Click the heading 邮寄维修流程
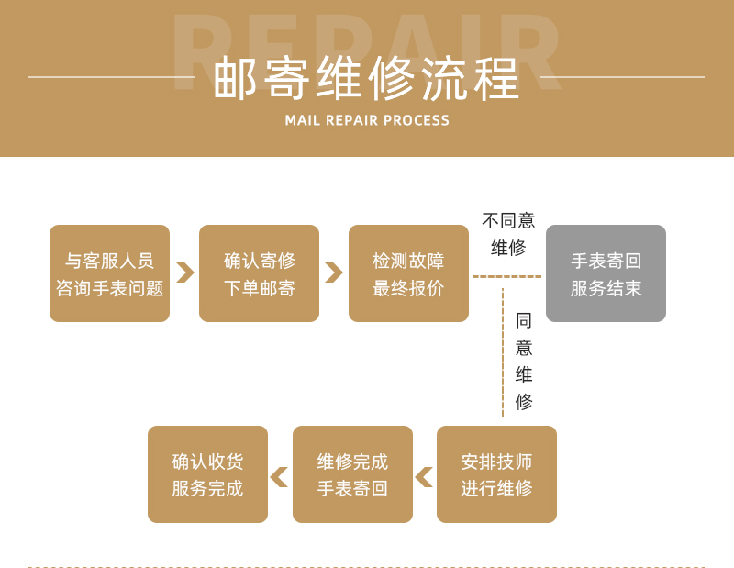(x=367, y=79)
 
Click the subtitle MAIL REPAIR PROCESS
(x=367, y=120)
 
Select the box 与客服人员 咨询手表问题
(x=109, y=273)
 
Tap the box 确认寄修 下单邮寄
(x=259, y=273)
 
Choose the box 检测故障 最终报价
(x=408, y=273)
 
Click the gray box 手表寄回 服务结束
(x=606, y=273)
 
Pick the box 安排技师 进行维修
(x=496, y=474)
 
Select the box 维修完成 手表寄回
(x=352, y=474)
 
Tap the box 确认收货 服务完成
(x=207, y=474)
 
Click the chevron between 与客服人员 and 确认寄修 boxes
(x=184, y=273)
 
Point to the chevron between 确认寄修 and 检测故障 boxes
(x=334, y=273)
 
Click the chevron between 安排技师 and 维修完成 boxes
(x=424, y=477)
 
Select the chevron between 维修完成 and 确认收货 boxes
(x=279, y=477)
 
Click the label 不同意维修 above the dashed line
(x=508, y=234)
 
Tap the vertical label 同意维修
(x=524, y=361)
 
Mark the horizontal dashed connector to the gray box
(x=506, y=276)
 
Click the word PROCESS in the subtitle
(x=417, y=120)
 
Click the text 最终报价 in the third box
(x=408, y=288)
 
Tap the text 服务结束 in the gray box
(x=606, y=288)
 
